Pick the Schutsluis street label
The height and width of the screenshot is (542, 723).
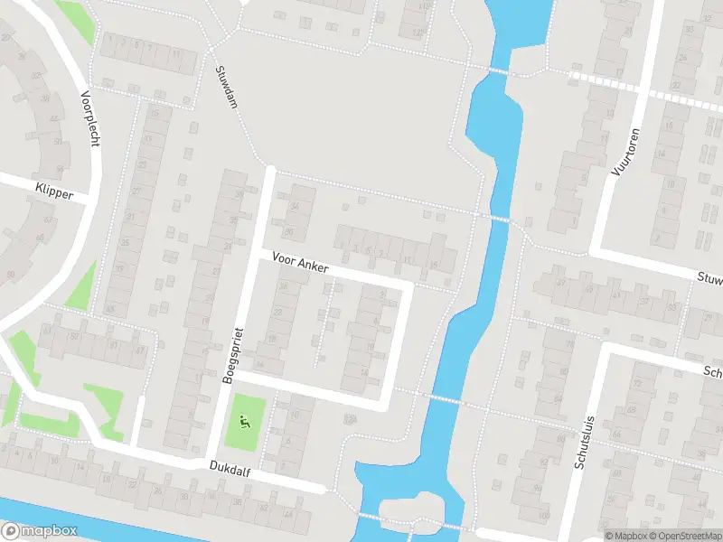(x=584, y=436)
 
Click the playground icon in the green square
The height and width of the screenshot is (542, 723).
(x=244, y=421)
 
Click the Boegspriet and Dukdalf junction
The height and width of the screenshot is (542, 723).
(x=210, y=458)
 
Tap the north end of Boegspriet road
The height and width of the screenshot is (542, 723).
(x=269, y=168)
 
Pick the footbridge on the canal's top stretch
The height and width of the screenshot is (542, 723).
(x=496, y=70)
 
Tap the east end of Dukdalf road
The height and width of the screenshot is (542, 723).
(x=323, y=489)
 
